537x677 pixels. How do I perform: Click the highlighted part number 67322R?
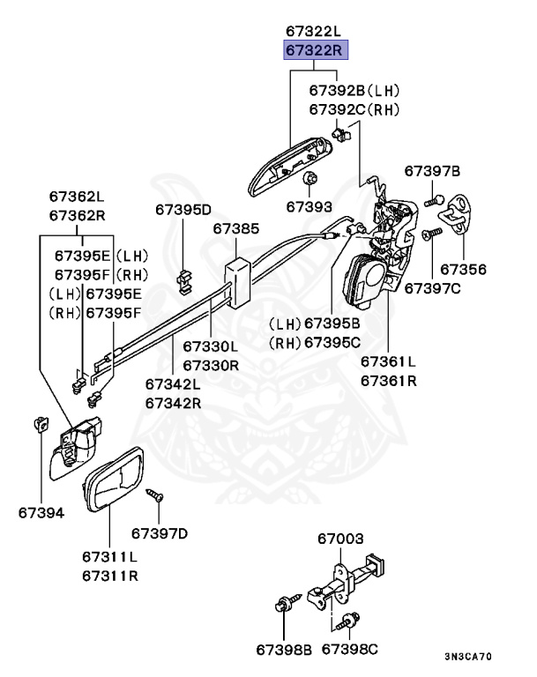[316, 50]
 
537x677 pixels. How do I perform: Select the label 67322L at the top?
[316, 32]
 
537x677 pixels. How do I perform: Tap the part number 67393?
[309, 207]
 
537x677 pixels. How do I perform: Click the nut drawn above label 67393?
[310, 181]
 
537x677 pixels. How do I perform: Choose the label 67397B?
[432, 170]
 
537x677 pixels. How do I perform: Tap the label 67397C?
[434, 288]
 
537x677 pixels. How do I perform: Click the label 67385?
[235, 229]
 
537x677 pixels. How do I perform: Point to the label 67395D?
[183, 209]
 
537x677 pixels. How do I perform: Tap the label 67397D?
[160, 532]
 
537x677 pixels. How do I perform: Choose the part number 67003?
[340, 538]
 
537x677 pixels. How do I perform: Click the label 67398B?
[284, 649]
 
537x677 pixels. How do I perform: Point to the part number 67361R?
[388, 381]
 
